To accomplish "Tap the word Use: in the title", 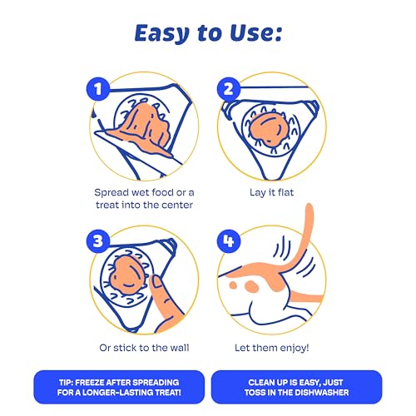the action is click(x=256, y=33).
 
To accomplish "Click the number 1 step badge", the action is click(x=98, y=89).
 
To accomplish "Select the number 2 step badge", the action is click(x=229, y=89).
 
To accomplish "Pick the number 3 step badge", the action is click(x=98, y=240).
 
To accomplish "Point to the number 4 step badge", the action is click(x=229, y=240).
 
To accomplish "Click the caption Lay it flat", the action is click(x=271, y=193).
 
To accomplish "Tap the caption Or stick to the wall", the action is click(x=144, y=348).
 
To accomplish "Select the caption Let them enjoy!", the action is click(x=272, y=348).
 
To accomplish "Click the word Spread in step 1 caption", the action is click(x=111, y=193).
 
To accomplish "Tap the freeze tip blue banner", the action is click(x=119, y=387).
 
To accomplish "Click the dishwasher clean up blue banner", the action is click(x=296, y=387).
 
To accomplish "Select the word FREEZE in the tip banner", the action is click(x=90, y=383).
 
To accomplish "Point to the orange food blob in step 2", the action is click(x=268, y=129).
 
